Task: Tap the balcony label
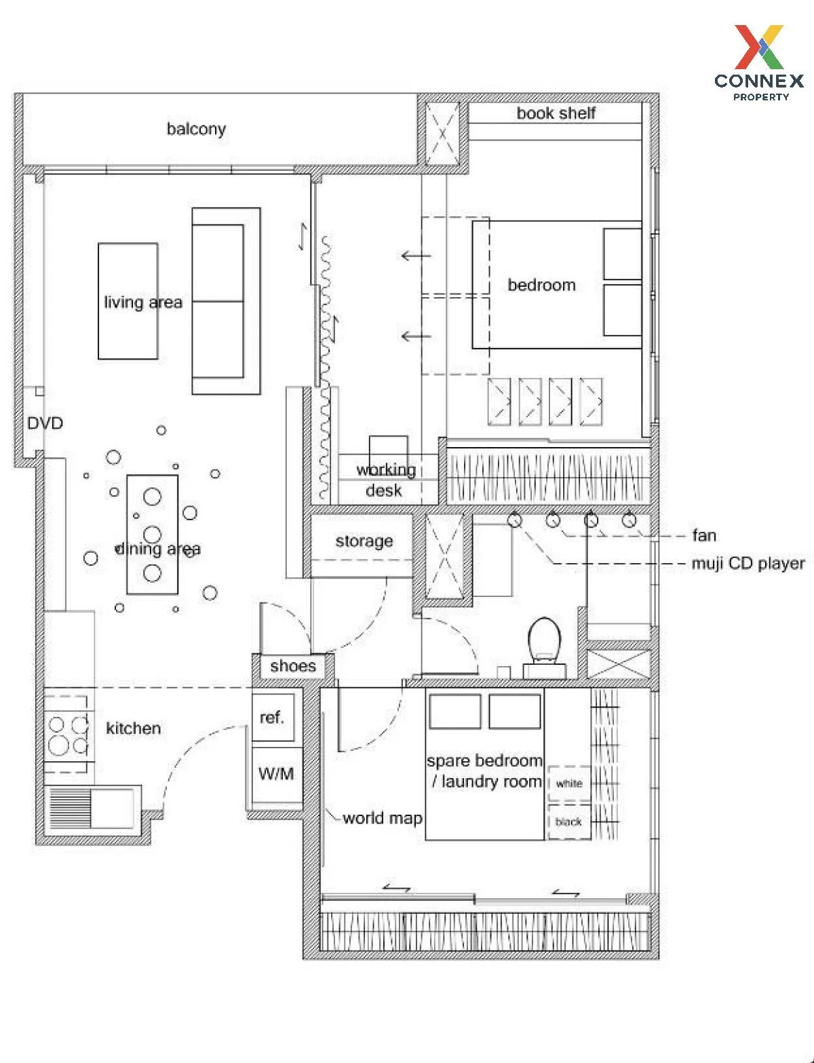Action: click(196, 129)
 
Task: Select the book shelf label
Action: click(556, 113)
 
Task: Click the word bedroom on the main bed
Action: click(541, 285)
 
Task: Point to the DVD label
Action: click(45, 423)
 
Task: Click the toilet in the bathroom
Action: click(545, 641)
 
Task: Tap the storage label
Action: click(364, 541)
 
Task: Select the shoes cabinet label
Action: click(292, 666)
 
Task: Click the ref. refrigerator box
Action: click(273, 717)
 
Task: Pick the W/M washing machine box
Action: click(276, 773)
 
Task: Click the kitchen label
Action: click(133, 729)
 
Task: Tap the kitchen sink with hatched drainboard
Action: click(92, 808)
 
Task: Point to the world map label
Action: click(382, 818)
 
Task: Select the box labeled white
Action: click(568, 784)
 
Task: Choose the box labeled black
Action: click(568, 822)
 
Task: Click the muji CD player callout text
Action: click(748, 564)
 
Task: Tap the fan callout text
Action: click(704, 536)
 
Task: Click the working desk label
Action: click(385, 480)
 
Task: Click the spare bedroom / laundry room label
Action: click(485, 771)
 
